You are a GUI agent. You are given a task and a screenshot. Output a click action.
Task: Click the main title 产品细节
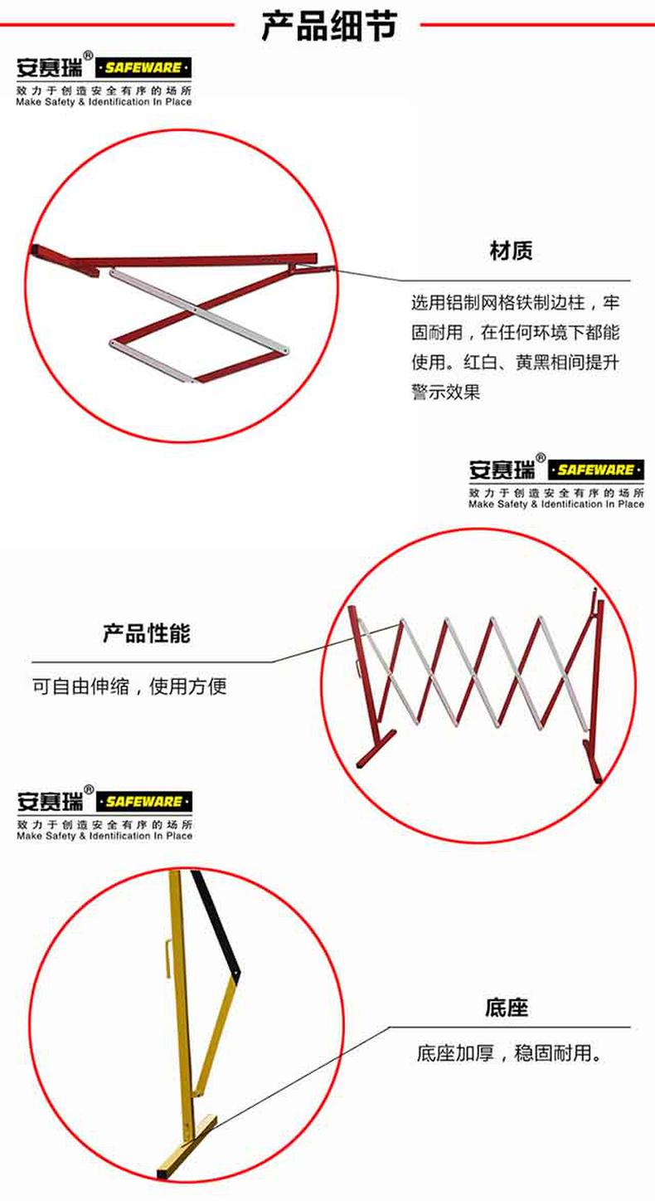tap(329, 26)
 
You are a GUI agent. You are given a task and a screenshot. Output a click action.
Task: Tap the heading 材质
tap(511, 251)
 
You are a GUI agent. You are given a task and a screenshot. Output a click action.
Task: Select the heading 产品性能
tap(146, 633)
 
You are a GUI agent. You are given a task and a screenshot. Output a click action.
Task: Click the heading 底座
tap(506, 1008)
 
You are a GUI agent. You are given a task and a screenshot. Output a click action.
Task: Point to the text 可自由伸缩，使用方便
tap(129, 686)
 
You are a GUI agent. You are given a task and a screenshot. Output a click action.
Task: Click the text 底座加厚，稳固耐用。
tap(509, 1053)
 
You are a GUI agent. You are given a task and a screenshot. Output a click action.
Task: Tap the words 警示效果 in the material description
tap(445, 392)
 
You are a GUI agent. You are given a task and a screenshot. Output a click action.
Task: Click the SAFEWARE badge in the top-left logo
tap(143, 67)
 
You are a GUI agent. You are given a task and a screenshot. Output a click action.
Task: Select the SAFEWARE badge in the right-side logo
tap(595, 470)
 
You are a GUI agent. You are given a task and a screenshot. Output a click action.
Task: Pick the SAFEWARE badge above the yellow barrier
tap(143, 802)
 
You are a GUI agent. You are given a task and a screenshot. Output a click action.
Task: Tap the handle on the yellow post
tap(167, 958)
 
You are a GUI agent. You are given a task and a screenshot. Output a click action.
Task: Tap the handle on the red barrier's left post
tap(357, 667)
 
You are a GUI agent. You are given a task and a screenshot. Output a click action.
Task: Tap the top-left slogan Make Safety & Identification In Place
tap(104, 102)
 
